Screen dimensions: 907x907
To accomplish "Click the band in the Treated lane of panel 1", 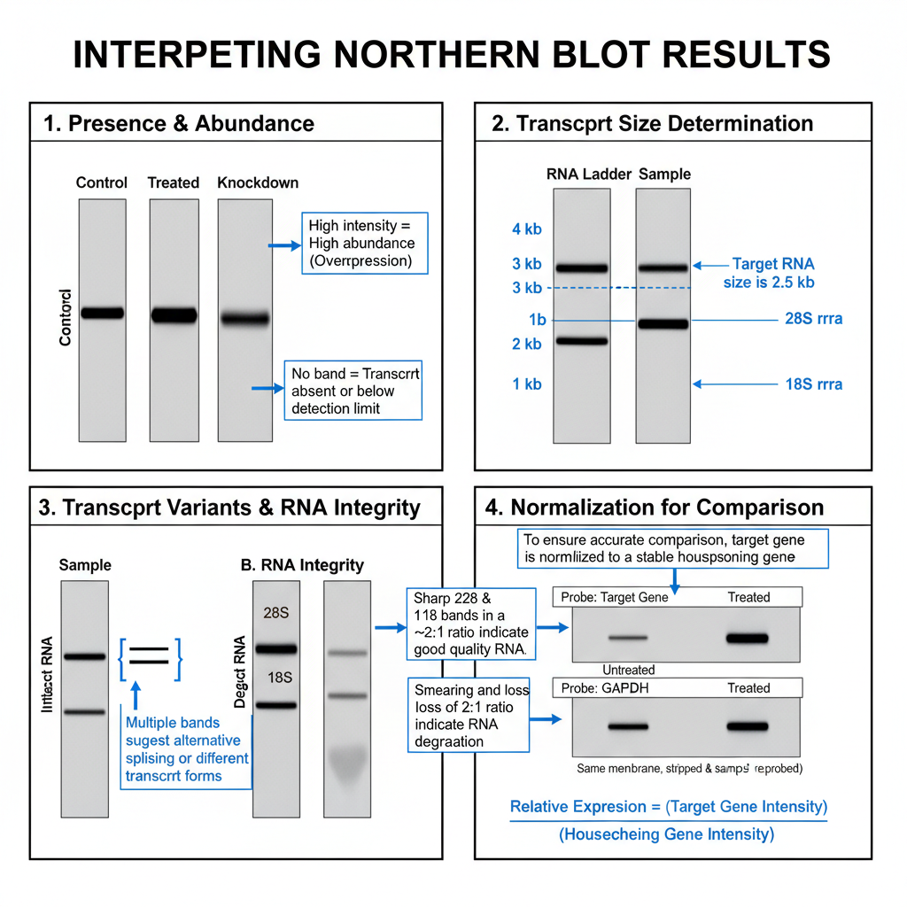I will point(174,314).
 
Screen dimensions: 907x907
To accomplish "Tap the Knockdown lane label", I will point(258,183).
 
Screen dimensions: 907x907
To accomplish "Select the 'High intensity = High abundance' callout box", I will point(364,243).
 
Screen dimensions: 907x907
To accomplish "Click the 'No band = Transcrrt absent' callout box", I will point(353,391).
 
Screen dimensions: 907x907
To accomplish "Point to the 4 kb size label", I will point(526,230).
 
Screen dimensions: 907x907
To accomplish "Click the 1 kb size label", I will point(526,384).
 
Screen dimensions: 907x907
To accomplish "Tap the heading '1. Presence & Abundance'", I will point(179,123).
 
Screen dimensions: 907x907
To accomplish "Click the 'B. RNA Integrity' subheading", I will point(302,565).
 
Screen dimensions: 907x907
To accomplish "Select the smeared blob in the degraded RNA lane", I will point(347,761).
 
